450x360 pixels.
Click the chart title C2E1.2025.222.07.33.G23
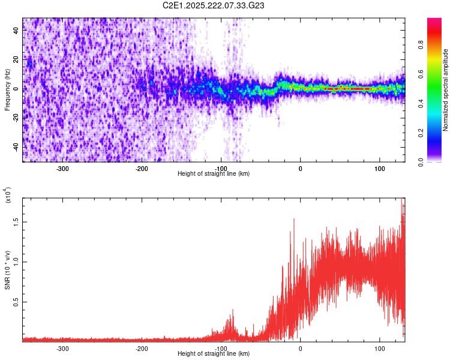point(213,5)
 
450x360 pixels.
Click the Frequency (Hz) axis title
point(7,90)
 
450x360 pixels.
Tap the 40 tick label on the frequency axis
point(16,30)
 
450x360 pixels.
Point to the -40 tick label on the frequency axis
point(16,147)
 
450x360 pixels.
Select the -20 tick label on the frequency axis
point(16,118)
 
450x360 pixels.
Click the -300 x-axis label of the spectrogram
point(62,169)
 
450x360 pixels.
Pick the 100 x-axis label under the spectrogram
point(379,169)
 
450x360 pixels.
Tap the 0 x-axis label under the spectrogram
point(300,169)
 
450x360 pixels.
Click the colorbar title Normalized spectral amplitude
point(445,90)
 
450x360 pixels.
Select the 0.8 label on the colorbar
point(421,45)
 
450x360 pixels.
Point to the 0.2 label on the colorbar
point(421,133)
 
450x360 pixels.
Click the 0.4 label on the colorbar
point(421,104)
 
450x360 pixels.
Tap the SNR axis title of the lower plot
point(7,270)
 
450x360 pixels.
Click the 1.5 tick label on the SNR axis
point(16,222)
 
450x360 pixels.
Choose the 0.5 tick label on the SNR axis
point(16,302)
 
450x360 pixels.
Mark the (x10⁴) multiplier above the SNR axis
point(7,195)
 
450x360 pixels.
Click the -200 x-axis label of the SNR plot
point(142,349)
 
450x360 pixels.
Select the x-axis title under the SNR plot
point(214,353)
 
